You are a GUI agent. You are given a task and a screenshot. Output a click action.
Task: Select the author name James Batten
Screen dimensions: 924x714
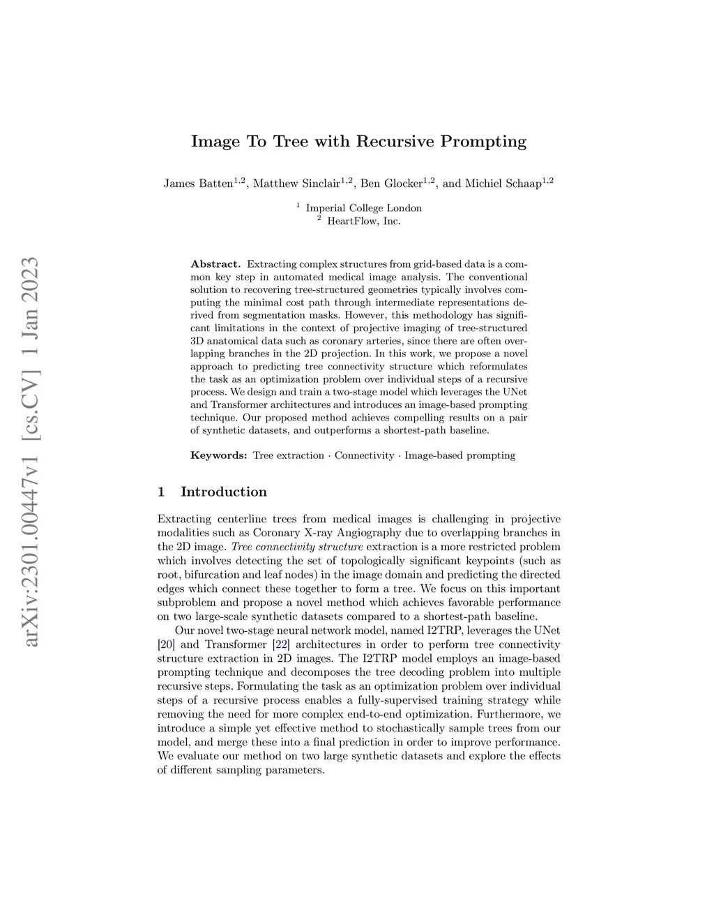coord(198,184)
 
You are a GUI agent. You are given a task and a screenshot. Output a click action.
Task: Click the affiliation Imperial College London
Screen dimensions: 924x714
coord(363,208)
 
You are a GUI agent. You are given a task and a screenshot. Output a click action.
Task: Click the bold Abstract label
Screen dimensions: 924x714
coord(215,264)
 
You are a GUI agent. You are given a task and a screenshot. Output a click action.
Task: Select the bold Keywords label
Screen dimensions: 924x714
coord(219,455)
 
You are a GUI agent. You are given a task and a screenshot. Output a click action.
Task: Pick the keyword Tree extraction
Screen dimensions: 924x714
coord(288,455)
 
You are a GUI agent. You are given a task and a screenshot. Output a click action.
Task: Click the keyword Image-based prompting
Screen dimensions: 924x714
coord(459,455)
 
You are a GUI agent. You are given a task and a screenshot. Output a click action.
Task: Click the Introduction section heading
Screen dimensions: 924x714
coord(223,492)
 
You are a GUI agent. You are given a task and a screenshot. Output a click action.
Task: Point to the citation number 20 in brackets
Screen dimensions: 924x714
coord(167,644)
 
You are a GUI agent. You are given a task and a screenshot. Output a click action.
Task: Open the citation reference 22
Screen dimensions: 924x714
coord(282,644)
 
